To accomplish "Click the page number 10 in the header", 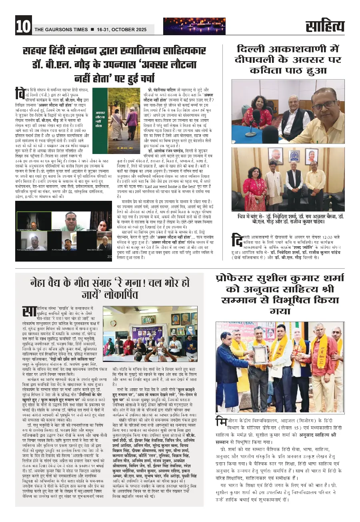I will click(x=23, y=26).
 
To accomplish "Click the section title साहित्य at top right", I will click(x=324, y=26).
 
